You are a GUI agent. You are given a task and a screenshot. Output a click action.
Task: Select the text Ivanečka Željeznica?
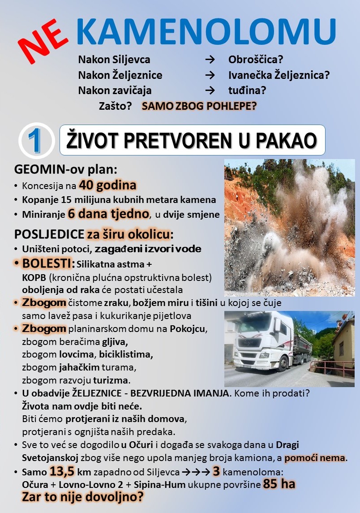coord(279,75)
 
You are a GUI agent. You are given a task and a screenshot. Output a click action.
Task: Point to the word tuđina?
coord(247,90)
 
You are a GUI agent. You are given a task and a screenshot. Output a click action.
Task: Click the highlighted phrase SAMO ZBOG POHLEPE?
coord(199,107)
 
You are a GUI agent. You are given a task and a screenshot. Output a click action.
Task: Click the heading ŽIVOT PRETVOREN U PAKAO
coord(192,140)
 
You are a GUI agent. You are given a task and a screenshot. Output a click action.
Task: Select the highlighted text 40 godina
coord(108,185)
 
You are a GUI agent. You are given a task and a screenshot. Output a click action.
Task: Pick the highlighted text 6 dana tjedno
coord(108,214)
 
